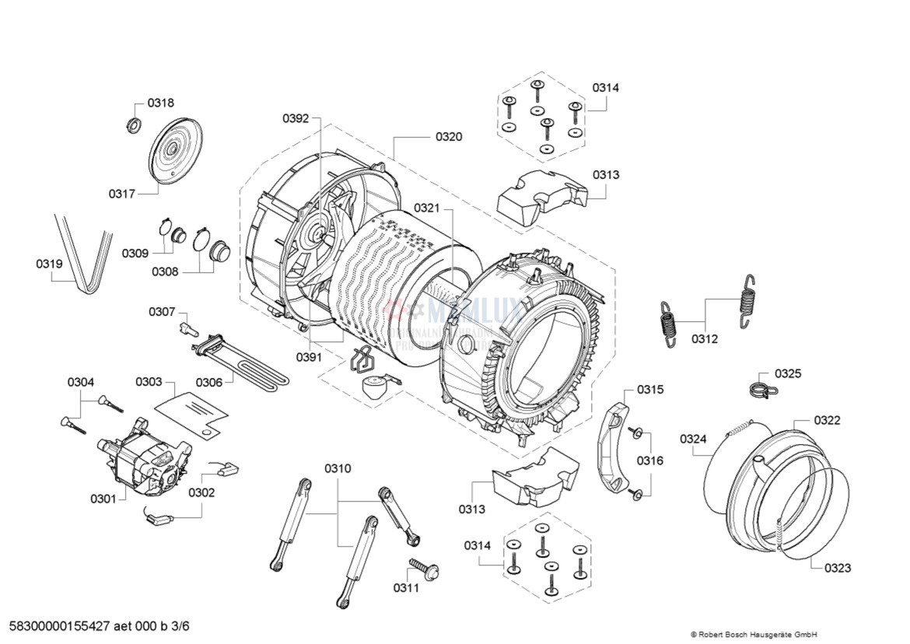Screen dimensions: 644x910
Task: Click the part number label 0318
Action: [x=161, y=103]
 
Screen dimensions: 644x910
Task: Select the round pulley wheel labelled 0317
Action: [x=174, y=150]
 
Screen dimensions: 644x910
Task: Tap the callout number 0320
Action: [x=448, y=137]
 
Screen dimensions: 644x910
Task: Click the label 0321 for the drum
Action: [x=426, y=208]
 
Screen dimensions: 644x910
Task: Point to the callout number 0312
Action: [x=704, y=339]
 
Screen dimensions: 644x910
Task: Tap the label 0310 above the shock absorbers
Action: [x=338, y=468]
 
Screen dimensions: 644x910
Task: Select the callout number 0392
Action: [x=296, y=119]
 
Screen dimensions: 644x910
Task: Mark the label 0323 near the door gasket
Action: [x=837, y=568]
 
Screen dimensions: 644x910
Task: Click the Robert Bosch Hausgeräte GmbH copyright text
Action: [x=753, y=634]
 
